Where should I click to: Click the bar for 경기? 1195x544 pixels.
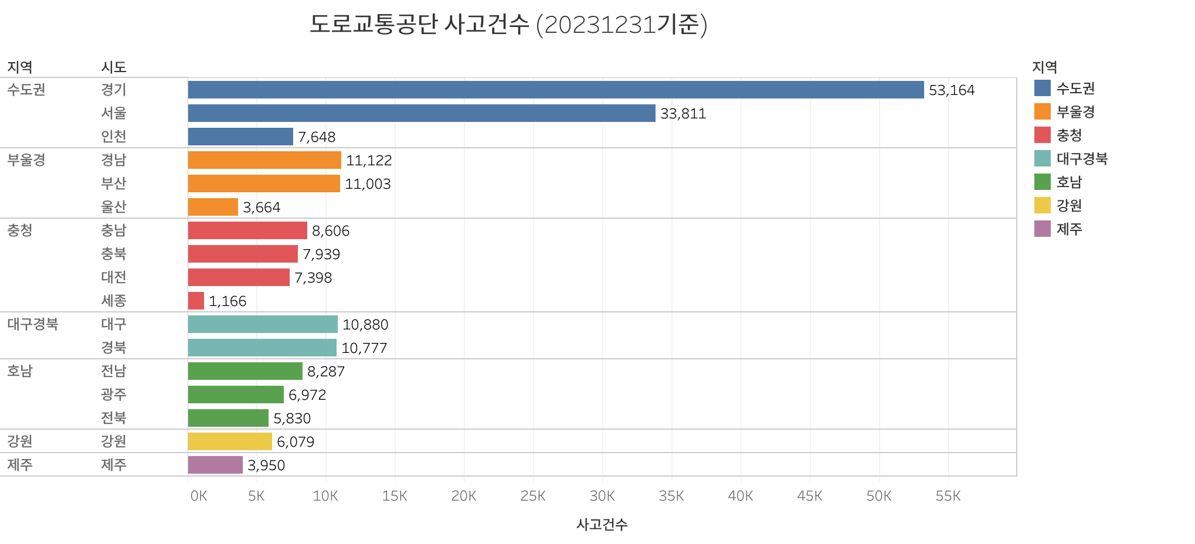pyautogui.click(x=555, y=90)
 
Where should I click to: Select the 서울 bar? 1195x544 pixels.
pyautogui.click(x=421, y=113)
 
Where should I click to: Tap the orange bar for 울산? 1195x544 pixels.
pyautogui.click(x=213, y=207)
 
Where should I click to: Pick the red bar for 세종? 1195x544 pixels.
pyautogui.click(x=196, y=301)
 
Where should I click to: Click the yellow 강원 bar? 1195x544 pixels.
pyautogui.click(x=230, y=441)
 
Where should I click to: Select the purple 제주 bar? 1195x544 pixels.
pyautogui.click(x=215, y=465)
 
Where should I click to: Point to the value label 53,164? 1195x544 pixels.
pyautogui.click(x=952, y=90)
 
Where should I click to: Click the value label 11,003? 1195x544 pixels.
pyautogui.click(x=368, y=184)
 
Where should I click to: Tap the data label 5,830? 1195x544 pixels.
pyautogui.click(x=292, y=419)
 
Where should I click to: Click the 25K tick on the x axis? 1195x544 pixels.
pyautogui.click(x=532, y=496)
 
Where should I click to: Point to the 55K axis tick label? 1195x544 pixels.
pyautogui.click(x=948, y=496)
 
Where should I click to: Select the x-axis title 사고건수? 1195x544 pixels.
pyautogui.click(x=602, y=524)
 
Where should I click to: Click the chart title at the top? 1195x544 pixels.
pyautogui.click(x=508, y=25)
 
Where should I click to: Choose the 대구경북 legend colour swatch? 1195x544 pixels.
pyautogui.click(x=1042, y=158)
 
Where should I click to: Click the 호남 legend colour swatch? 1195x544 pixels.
pyautogui.click(x=1042, y=182)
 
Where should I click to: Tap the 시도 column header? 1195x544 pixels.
pyautogui.click(x=113, y=67)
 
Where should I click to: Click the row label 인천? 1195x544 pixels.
pyautogui.click(x=113, y=137)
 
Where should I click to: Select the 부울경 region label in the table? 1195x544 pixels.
pyautogui.click(x=26, y=160)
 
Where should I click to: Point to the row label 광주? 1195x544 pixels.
pyautogui.click(x=113, y=395)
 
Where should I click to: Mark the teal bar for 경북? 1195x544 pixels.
pyautogui.click(x=262, y=348)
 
